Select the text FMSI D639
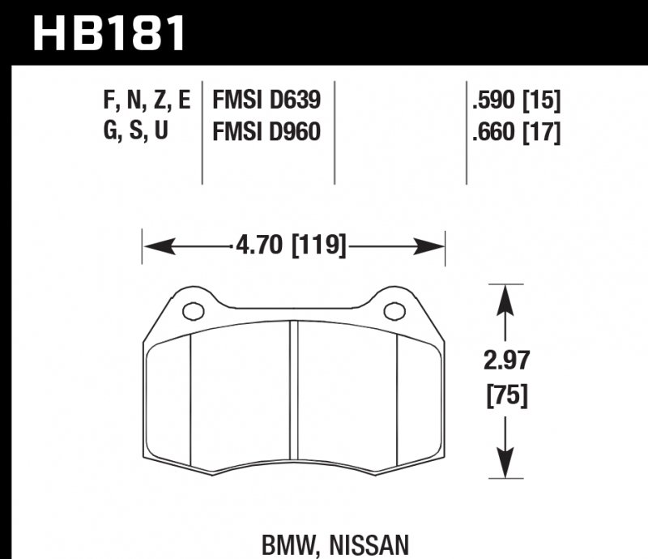pos(266,100)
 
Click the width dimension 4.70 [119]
pos(293,244)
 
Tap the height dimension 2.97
pos(506,361)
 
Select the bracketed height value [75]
pos(506,396)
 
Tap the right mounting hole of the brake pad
pos(394,310)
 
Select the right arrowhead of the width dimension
pos(437,244)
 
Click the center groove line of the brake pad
pos(295,397)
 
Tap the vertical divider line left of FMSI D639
pos(201,130)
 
